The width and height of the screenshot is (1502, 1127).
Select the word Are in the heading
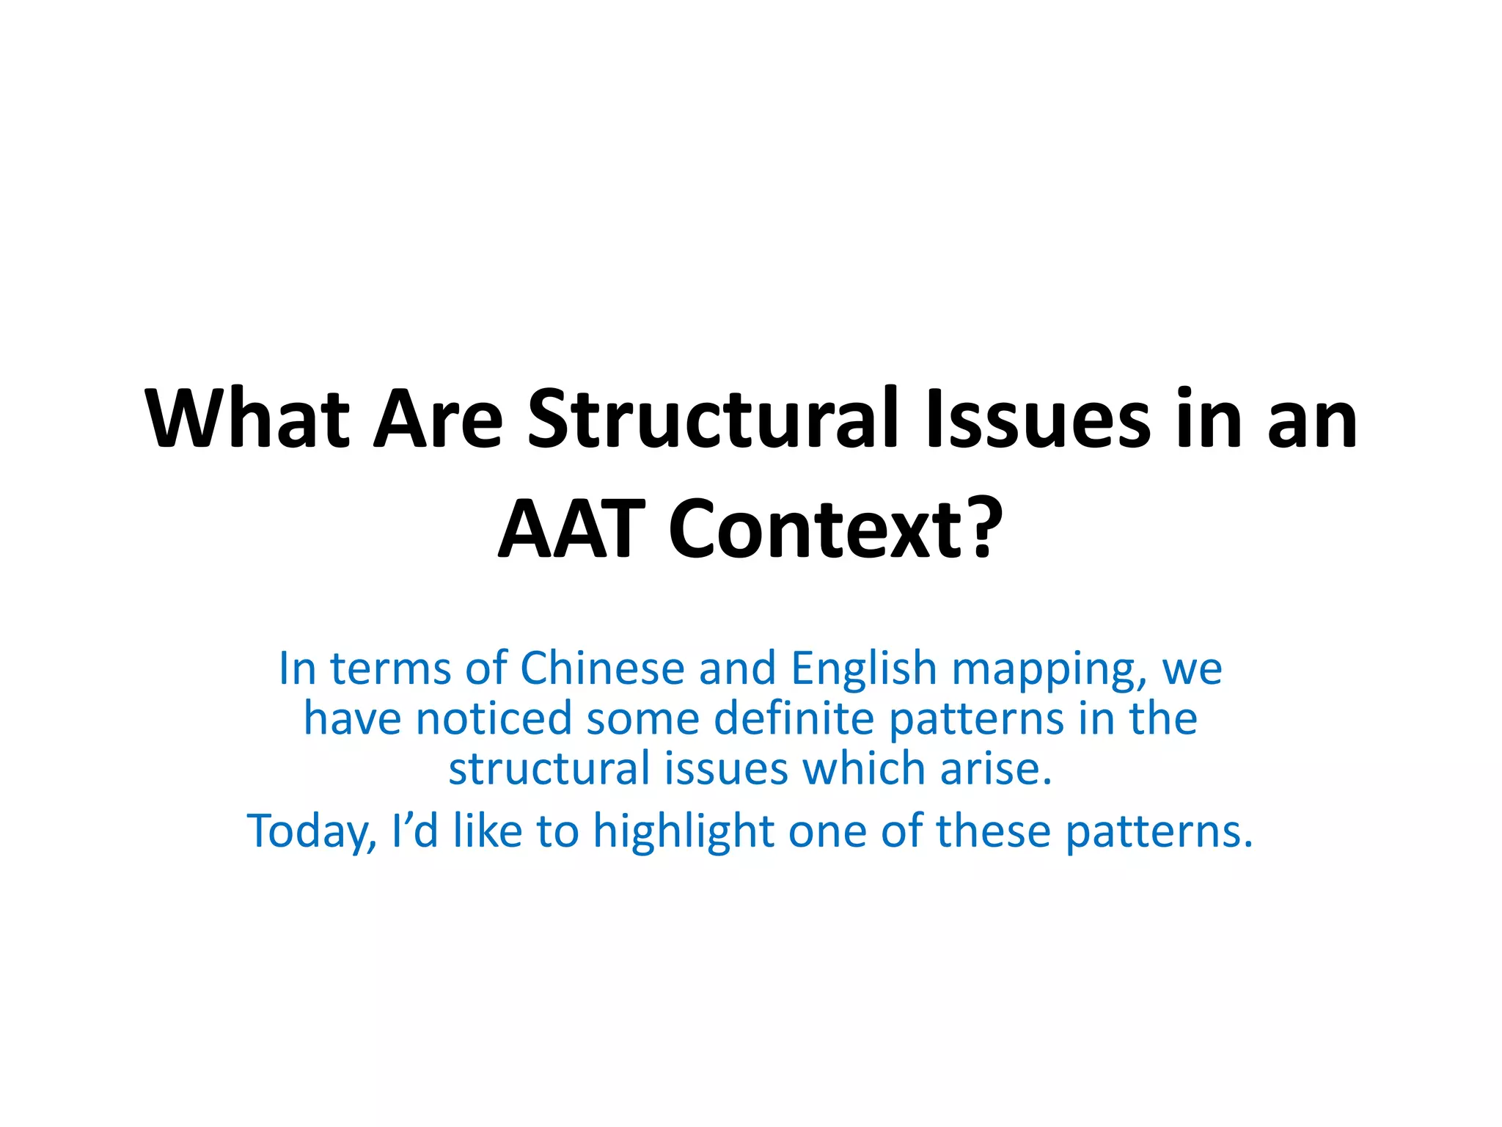[438, 420]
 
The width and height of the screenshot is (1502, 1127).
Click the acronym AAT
[571, 528]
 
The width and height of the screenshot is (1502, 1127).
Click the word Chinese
[601, 668]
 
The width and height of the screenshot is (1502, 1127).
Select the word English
[863, 668]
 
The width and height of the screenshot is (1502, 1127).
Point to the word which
[863, 768]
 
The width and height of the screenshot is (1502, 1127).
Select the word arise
[996, 768]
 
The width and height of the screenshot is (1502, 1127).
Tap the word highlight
[683, 832]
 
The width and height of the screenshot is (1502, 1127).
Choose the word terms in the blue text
[389, 668]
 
